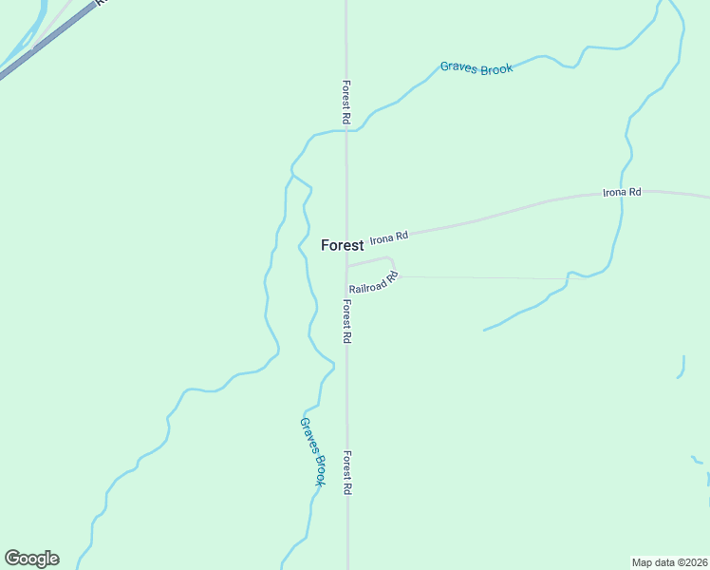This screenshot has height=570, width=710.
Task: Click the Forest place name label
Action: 342,245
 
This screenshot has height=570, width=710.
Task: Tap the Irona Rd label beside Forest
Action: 388,237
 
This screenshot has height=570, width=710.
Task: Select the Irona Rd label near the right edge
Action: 622,192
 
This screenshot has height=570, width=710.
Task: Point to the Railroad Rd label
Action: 373,283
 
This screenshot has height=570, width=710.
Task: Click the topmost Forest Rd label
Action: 347,103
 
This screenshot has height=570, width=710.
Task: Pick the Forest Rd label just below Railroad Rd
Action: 347,321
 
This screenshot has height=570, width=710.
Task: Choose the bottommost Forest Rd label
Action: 347,472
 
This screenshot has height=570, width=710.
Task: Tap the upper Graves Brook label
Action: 476,68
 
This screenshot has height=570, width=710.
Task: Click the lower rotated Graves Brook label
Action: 313,452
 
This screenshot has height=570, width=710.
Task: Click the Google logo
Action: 31,559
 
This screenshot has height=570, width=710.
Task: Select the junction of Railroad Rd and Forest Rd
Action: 346,266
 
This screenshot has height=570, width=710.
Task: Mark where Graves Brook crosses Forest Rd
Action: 346,131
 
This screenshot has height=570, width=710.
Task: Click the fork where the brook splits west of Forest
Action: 292,175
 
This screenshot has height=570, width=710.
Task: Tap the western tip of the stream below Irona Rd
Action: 484,331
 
